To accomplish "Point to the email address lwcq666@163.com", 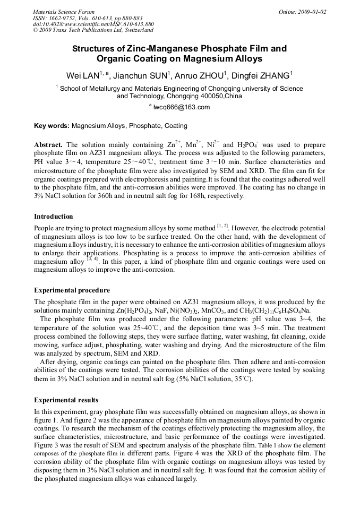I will [182, 107].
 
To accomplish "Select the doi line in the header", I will [93, 24].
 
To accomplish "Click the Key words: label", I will [52, 126].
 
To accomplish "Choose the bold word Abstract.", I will [48, 145].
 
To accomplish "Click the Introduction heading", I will [54, 217].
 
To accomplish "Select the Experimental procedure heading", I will [72, 290].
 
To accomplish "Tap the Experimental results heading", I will [66, 400].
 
